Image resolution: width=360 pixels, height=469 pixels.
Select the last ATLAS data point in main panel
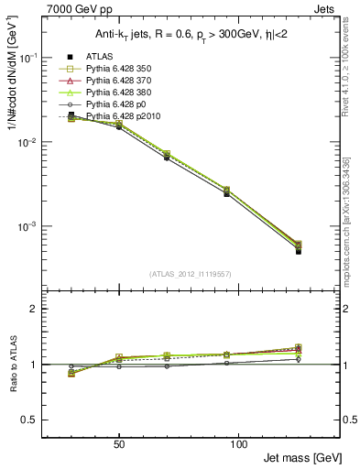299,251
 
